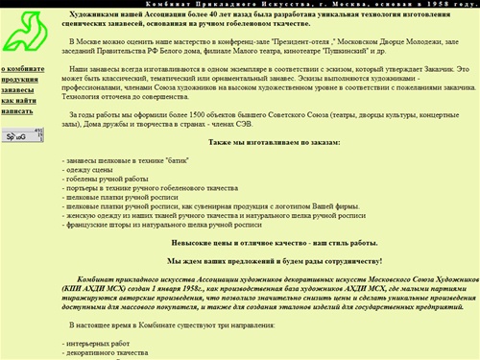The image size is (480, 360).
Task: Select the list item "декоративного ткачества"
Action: point(106,351)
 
